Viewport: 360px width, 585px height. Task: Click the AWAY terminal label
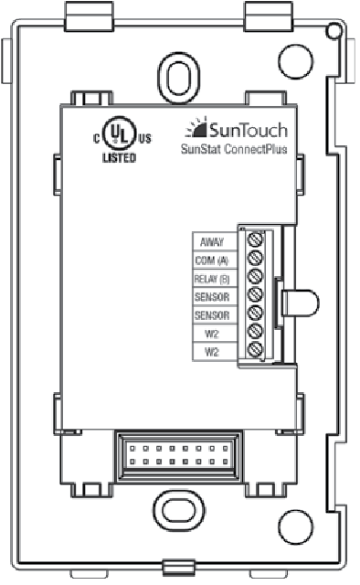click(x=214, y=242)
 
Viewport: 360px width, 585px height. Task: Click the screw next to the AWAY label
click(x=256, y=241)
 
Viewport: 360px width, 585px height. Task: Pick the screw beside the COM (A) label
click(x=256, y=260)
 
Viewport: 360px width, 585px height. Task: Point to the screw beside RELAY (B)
click(x=256, y=277)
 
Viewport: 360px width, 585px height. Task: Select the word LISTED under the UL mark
click(x=118, y=157)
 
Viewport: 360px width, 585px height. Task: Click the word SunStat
click(x=198, y=152)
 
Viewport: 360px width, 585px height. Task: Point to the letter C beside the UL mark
click(x=95, y=139)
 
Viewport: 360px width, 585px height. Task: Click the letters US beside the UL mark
click(x=143, y=139)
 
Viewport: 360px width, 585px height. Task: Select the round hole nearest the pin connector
click(x=294, y=526)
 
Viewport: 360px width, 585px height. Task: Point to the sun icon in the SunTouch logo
click(x=197, y=128)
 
